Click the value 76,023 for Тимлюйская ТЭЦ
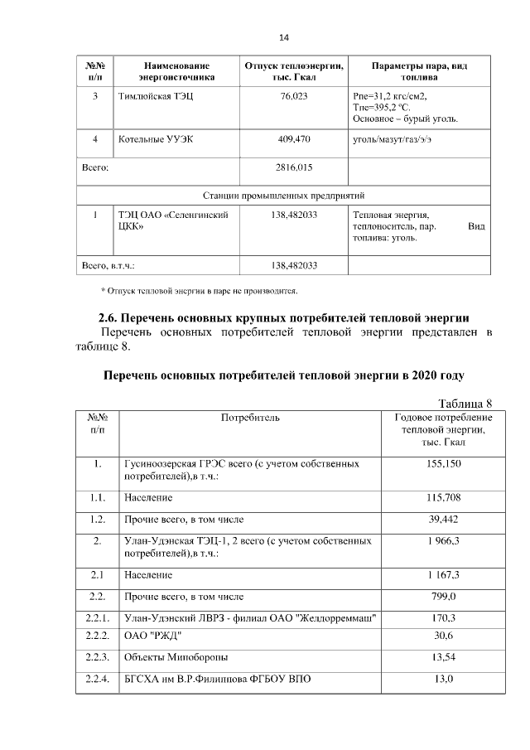(294, 97)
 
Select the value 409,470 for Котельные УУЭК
(294, 138)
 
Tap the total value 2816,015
(294, 167)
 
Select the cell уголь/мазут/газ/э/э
(392, 138)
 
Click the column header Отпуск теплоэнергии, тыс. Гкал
(294, 70)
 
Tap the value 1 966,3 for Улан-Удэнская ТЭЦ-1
(444, 540)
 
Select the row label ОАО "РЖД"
(152, 636)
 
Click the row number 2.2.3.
(98, 658)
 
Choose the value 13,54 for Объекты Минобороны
(444, 658)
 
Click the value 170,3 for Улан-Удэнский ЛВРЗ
(444, 617)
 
